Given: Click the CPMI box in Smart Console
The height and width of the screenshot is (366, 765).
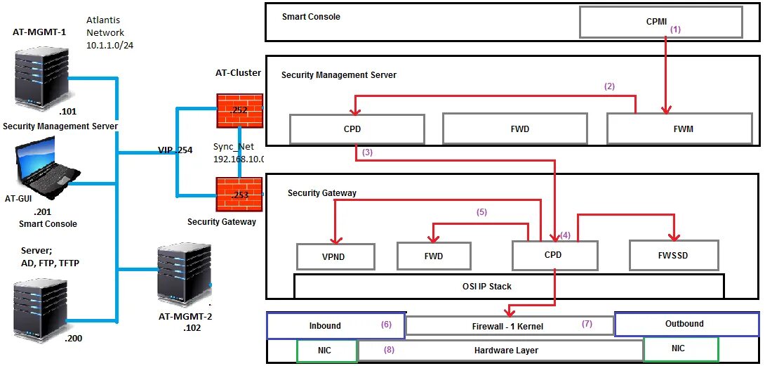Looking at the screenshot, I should pyautogui.click(x=660, y=22).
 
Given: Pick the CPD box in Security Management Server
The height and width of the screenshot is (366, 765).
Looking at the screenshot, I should pyautogui.click(x=357, y=129).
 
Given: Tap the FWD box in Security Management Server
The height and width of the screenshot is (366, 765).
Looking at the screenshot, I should pyautogui.click(x=514, y=129).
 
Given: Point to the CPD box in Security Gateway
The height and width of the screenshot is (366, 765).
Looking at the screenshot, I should pyautogui.click(x=554, y=256).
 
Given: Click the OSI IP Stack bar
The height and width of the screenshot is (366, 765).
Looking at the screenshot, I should pyautogui.click(x=508, y=286).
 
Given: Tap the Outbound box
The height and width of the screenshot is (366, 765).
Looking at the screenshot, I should pyautogui.click(x=686, y=324).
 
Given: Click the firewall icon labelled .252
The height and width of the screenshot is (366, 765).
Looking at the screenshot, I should pyautogui.click(x=239, y=110).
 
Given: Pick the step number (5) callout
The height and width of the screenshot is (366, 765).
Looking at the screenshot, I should pyautogui.click(x=481, y=211).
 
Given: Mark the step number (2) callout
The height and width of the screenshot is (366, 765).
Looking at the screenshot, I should pyautogui.click(x=609, y=86).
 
